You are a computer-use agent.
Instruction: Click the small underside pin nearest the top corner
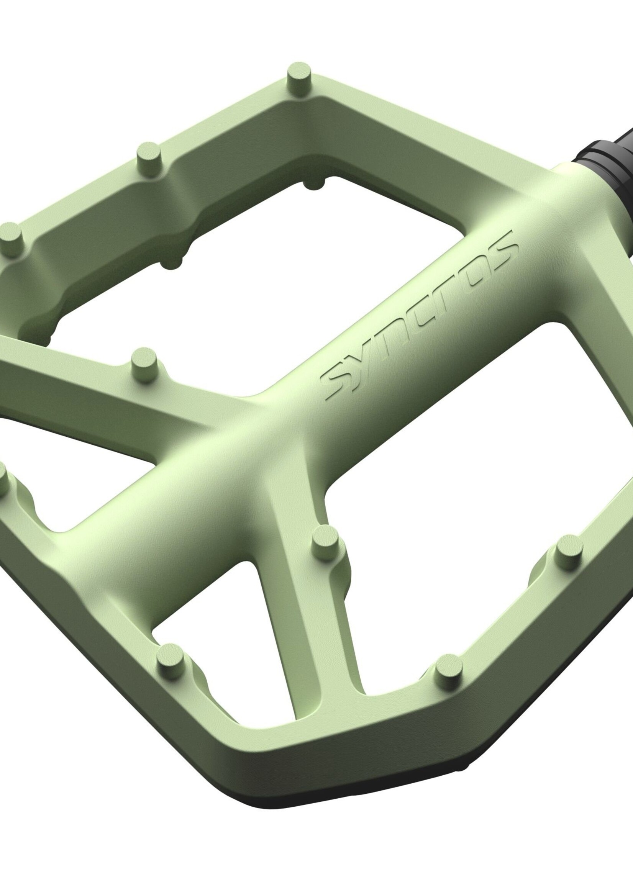(314, 183)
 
